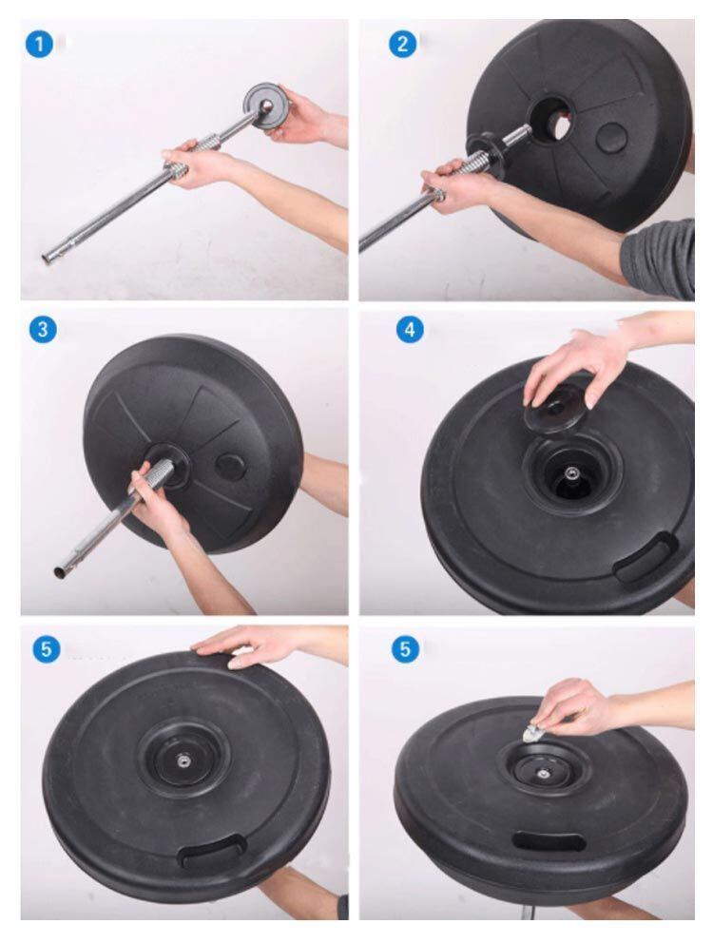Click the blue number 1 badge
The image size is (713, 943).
[39, 45]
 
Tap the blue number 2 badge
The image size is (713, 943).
[402, 44]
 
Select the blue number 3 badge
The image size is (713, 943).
[43, 330]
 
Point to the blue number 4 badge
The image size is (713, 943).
[409, 330]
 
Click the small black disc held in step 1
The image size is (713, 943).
[265, 105]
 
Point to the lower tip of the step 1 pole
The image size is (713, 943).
[46, 260]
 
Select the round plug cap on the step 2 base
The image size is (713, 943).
[612, 138]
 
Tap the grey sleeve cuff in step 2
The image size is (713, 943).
[658, 259]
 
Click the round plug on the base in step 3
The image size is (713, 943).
[230, 467]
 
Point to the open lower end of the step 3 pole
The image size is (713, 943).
[60, 572]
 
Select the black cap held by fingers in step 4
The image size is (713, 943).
[553, 409]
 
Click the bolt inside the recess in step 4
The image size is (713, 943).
[568, 474]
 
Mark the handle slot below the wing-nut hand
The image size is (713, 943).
[548, 840]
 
